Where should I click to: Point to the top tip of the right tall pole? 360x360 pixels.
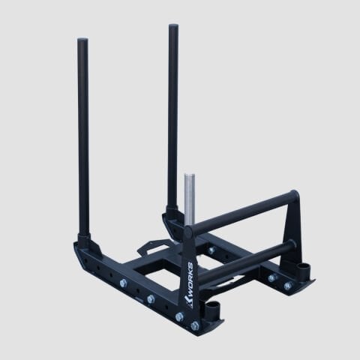tap(173, 28)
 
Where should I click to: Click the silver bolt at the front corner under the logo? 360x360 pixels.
tap(195, 325)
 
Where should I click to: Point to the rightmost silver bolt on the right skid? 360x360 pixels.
tap(287, 286)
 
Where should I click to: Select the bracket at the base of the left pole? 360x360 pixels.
tap(84, 244)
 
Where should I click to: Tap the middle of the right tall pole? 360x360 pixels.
tap(173, 120)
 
